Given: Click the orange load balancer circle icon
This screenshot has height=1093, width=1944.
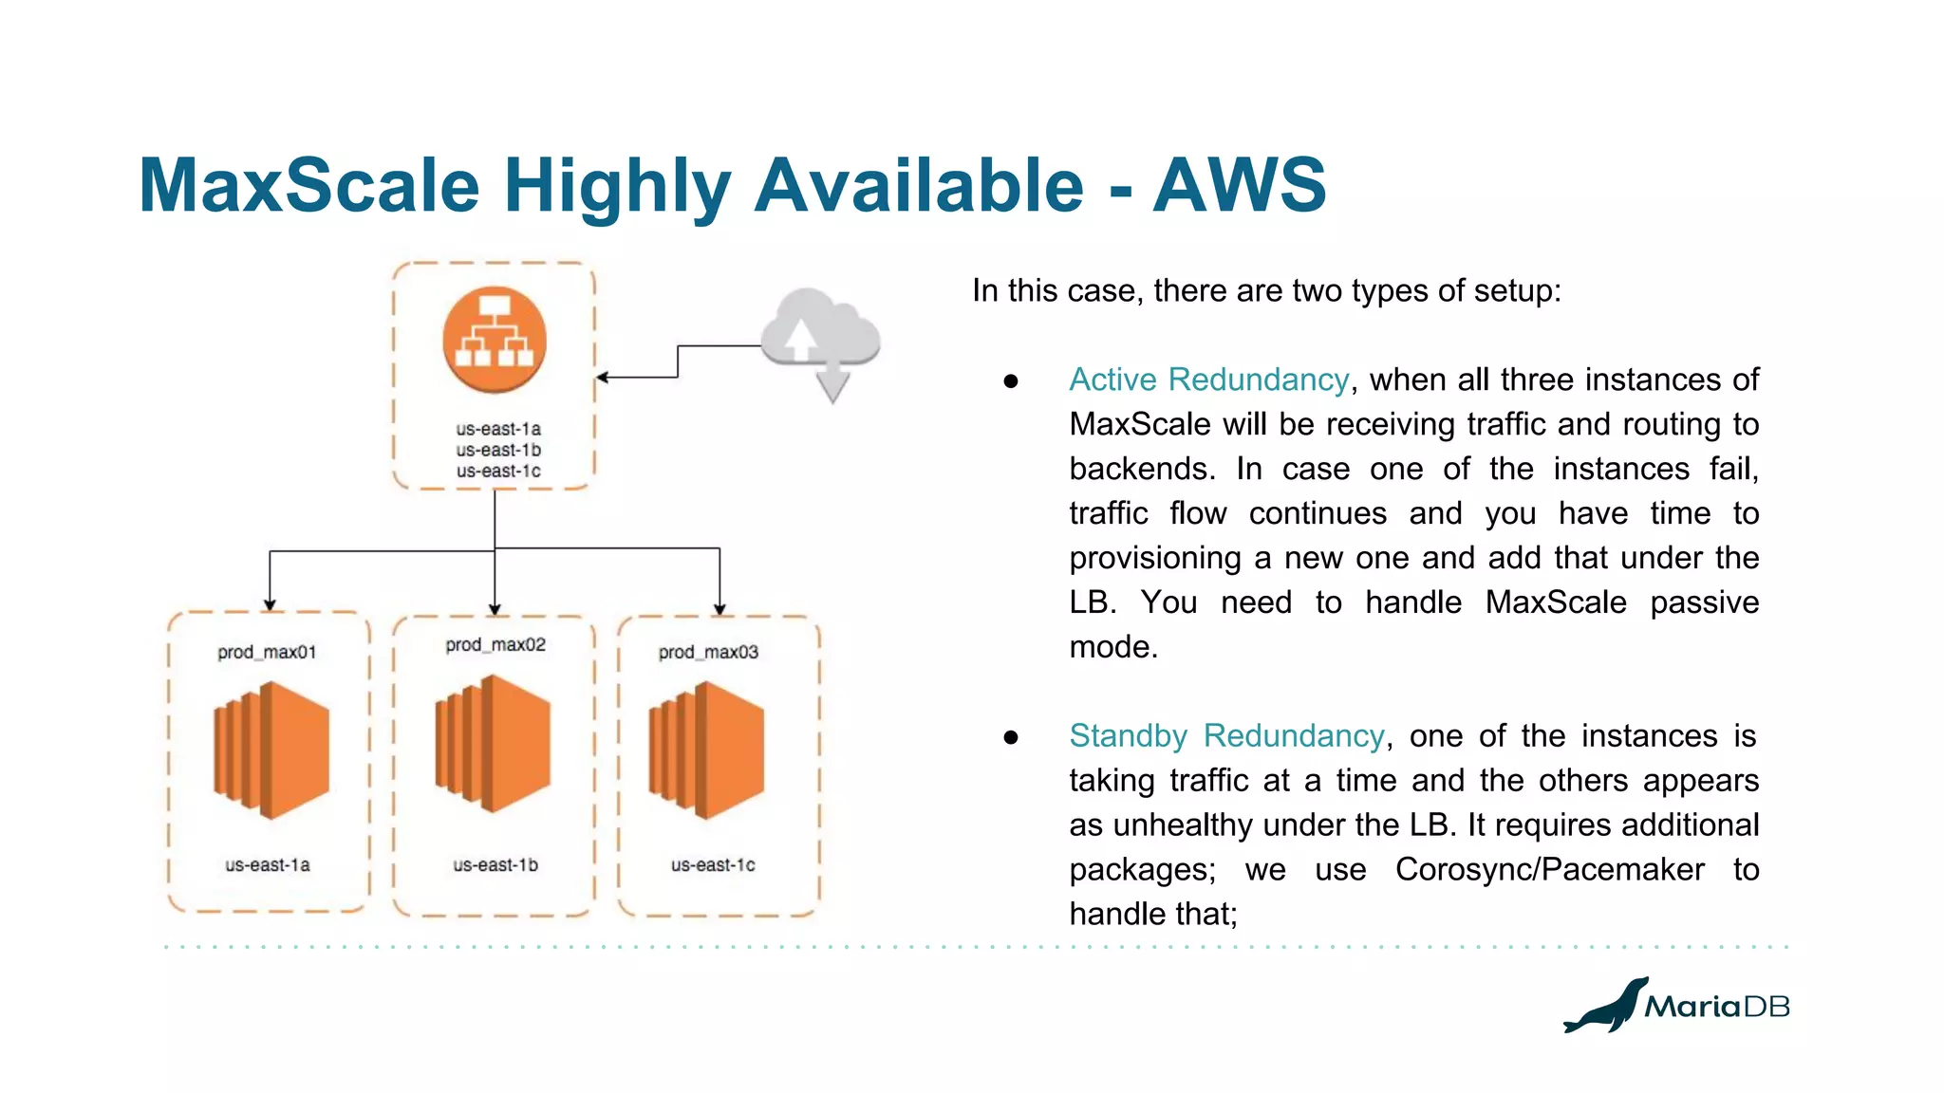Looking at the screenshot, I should click(x=495, y=340).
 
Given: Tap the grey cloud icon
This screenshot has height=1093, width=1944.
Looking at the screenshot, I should click(x=821, y=332).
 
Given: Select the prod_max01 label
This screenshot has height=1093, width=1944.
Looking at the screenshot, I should click(x=267, y=652).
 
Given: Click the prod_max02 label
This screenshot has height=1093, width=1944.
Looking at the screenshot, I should click(x=495, y=644).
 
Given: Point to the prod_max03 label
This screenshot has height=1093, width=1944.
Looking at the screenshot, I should click(x=708, y=652).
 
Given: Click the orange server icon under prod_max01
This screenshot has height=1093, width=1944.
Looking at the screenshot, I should click(x=271, y=750).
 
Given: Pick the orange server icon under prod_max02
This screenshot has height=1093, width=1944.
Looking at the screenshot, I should click(x=493, y=743).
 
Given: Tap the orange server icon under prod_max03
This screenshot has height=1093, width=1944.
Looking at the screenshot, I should click(x=706, y=750).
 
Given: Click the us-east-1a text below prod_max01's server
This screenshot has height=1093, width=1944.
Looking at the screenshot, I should click(x=268, y=864).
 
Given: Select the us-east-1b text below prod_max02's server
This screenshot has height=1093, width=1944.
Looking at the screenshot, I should click(x=495, y=864).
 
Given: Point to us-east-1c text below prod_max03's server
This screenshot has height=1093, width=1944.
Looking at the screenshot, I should click(x=713, y=864).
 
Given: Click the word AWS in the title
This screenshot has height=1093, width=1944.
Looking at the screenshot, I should click(x=1239, y=185).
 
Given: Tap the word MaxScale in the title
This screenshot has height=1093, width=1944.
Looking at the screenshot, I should click(x=309, y=185).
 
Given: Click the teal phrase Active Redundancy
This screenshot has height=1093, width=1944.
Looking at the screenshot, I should click(x=1208, y=380).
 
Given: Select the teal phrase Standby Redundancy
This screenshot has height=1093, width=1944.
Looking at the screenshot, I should click(x=1226, y=735).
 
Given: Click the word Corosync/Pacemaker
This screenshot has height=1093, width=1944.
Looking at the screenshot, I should click(x=1549, y=869).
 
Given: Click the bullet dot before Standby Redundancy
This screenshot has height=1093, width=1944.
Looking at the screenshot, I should click(x=1011, y=737).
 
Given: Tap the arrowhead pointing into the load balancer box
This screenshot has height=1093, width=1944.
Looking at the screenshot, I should click(x=602, y=378).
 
